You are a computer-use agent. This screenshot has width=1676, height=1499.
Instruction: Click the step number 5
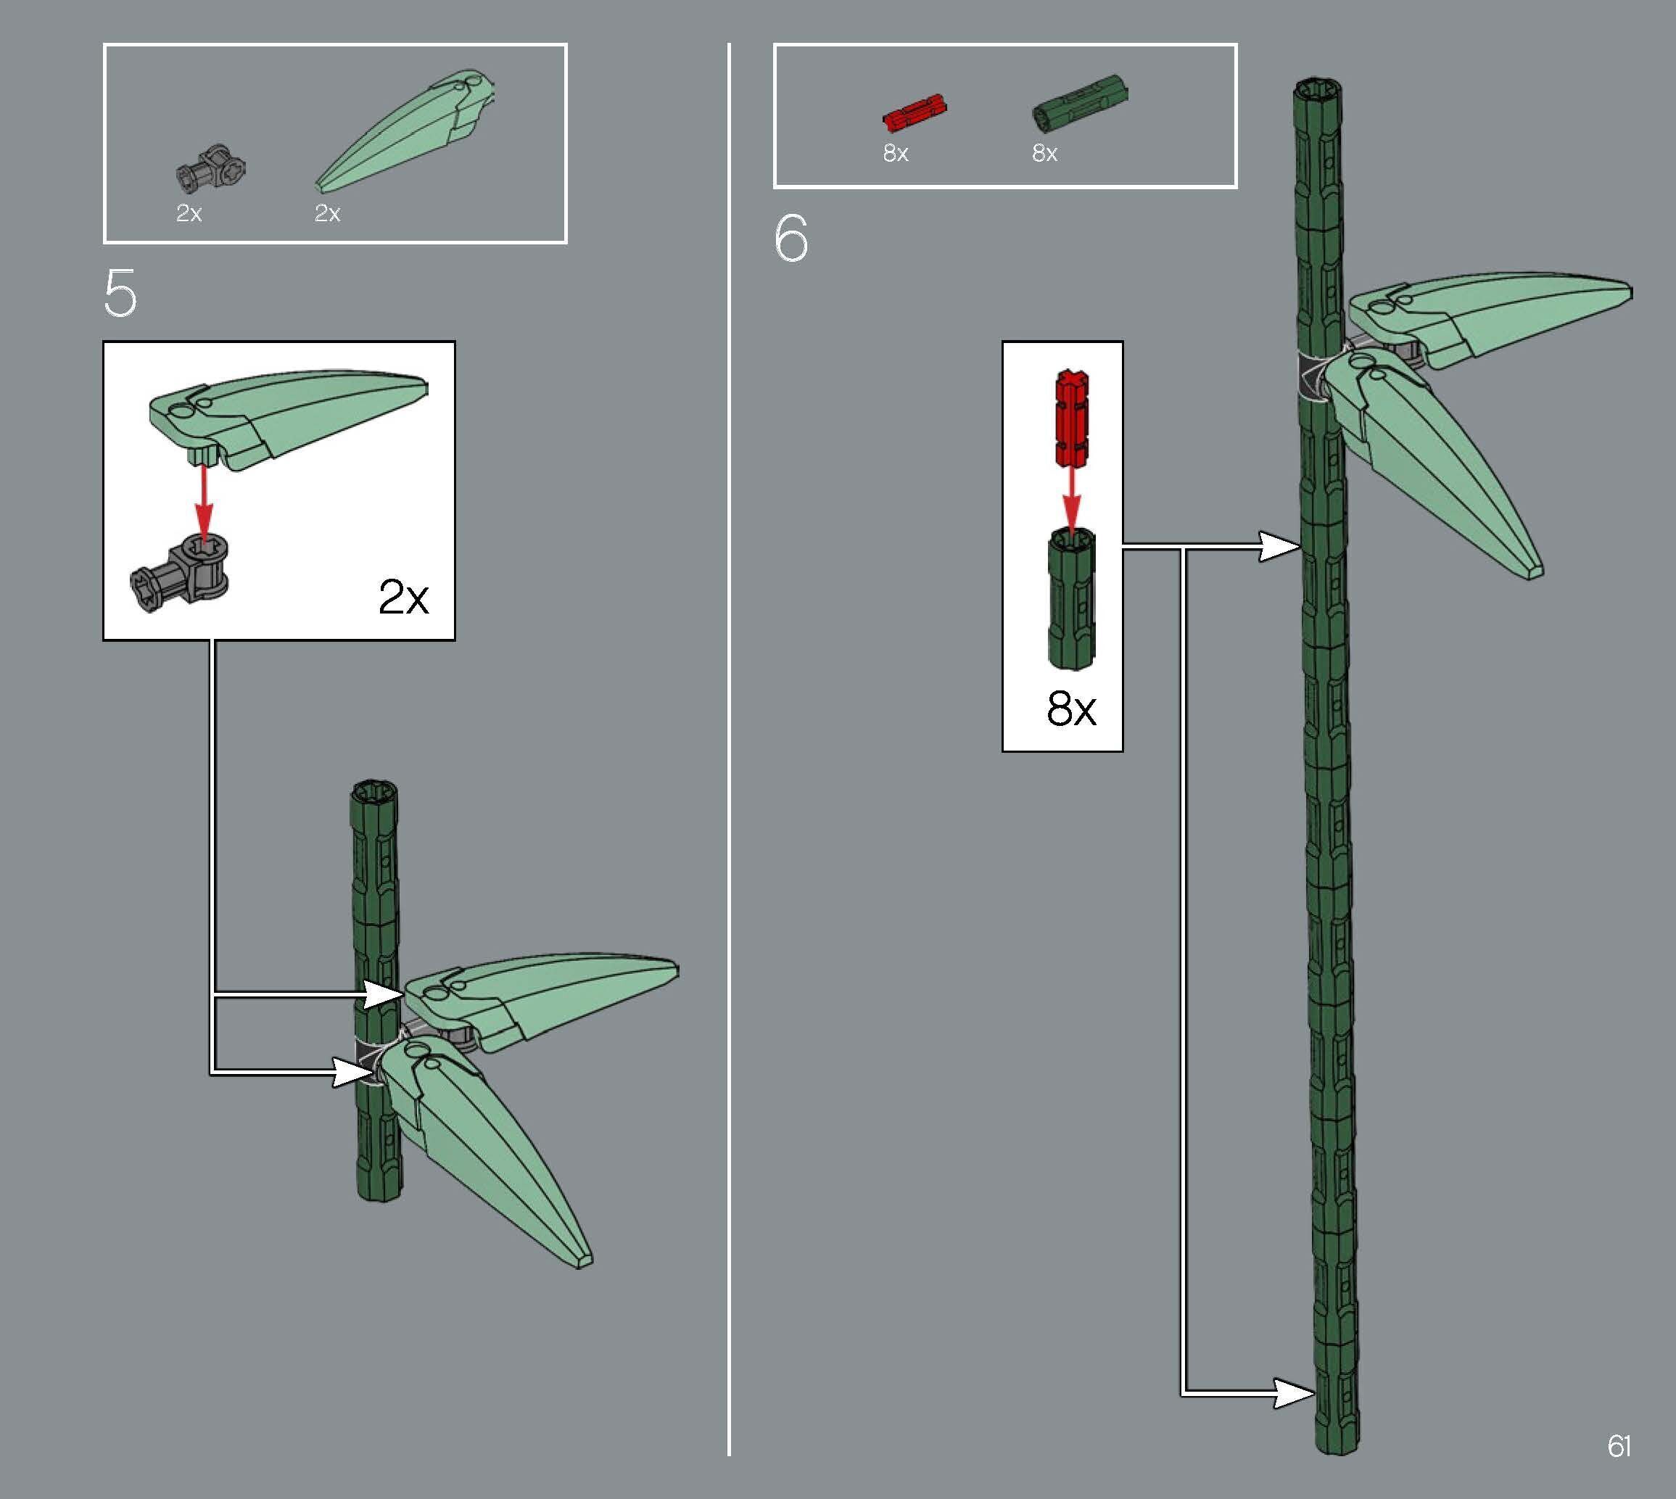[120, 294]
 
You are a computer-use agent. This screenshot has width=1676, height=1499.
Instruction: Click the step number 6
[790, 239]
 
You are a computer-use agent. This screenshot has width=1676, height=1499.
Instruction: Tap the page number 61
[1619, 1446]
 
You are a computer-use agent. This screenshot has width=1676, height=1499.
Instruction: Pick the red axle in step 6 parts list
[915, 115]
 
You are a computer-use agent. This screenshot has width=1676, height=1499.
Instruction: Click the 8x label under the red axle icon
[895, 153]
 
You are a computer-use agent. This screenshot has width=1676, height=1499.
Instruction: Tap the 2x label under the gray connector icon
[189, 213]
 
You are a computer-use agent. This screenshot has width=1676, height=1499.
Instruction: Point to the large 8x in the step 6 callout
[1070, 709]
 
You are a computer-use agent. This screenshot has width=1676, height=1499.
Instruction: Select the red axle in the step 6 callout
[1071, 418]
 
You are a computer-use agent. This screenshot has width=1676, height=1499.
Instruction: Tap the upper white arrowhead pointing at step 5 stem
[383, 994]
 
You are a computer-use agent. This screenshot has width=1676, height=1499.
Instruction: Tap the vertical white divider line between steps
[729, 741]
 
